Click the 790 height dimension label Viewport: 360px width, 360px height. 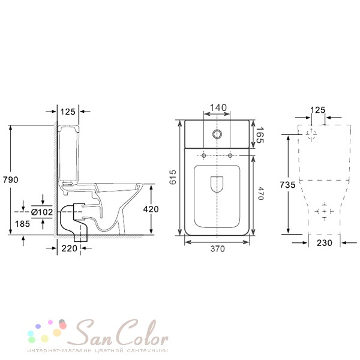click(x=11, y=179)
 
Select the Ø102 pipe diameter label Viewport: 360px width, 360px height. click(x=42, y=212)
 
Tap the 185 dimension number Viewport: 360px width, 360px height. click(x=23, y=224)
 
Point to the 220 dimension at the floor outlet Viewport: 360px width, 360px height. click(x=70, y=248)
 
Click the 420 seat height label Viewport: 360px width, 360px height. click(x=151, y=209)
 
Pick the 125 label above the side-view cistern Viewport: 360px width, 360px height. click(x=68, y=112)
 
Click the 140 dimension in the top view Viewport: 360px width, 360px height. click(x=218, y=107)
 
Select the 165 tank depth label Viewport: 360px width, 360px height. click(x=260, y=135)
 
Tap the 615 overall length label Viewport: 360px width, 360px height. click(x=173, y=177)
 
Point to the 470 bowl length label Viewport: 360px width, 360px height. click(x=260, y=193)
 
